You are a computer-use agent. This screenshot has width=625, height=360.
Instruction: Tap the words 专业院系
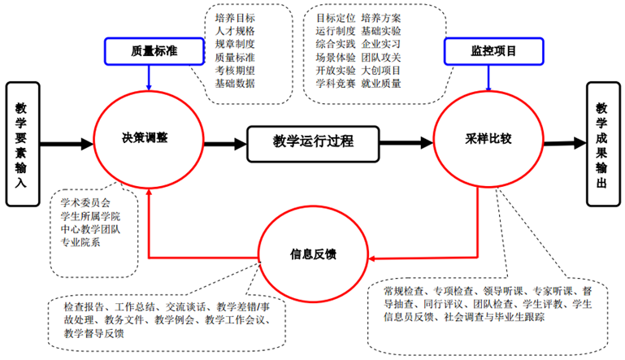[x=80, y=243]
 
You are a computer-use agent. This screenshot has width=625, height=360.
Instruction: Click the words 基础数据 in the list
[x=235, y=83]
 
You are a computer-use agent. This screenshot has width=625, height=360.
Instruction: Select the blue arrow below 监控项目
[x=488, y=76]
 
